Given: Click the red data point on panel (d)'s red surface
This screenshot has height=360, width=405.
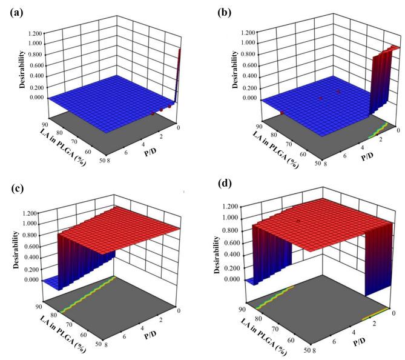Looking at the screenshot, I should pos(298,221).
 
